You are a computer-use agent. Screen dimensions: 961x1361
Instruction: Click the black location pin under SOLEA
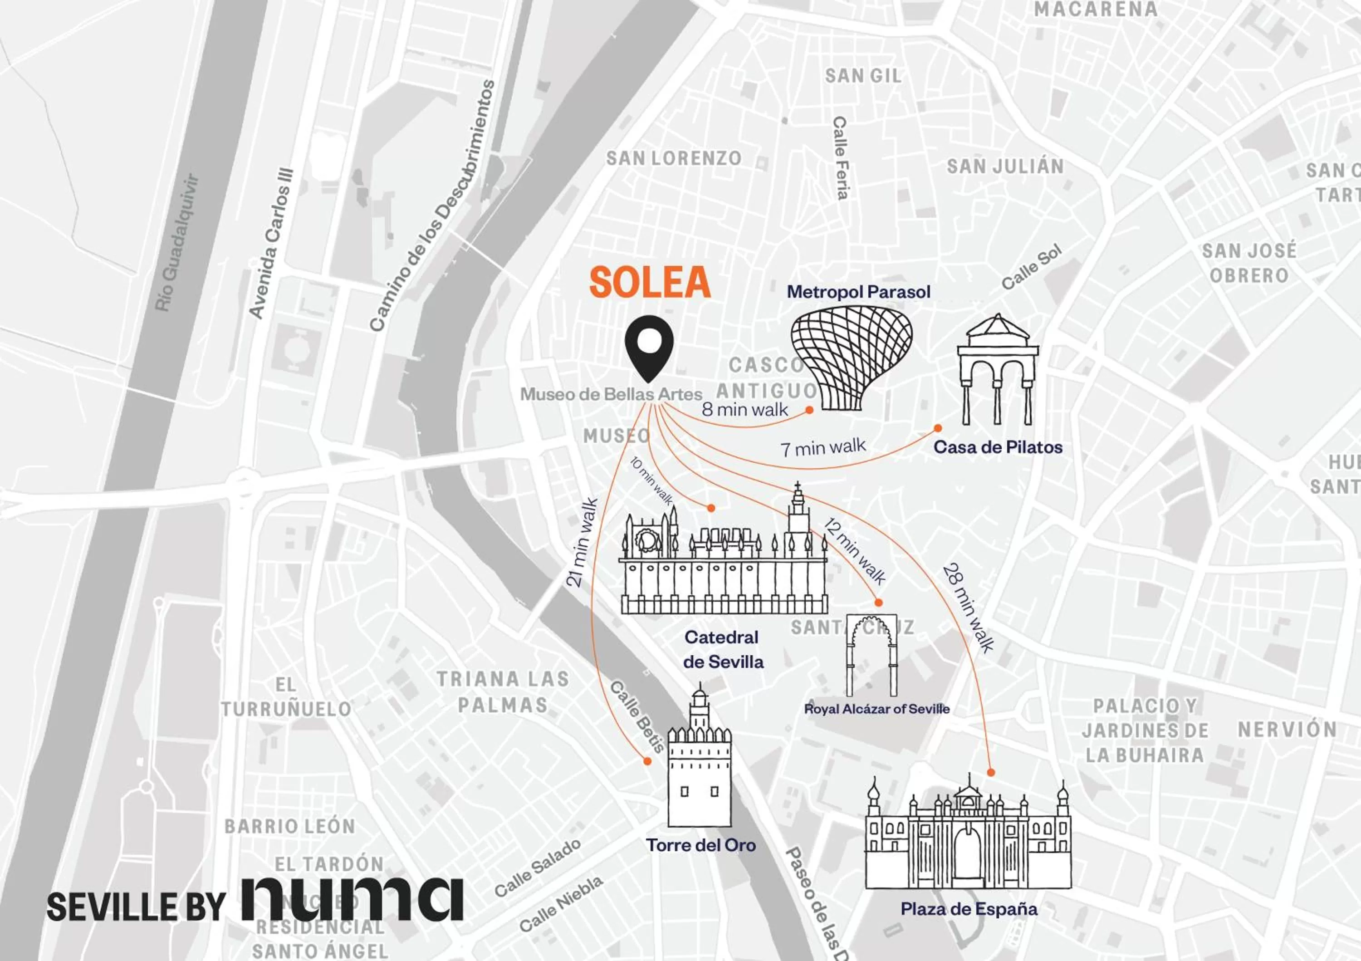[x=649, y=348]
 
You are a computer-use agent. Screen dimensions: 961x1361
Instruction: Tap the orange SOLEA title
[x=650, y=282]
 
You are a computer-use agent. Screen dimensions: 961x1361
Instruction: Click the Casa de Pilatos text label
[x=998, y=447]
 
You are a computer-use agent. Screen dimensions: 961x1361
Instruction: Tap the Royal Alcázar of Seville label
[x=876, y=708]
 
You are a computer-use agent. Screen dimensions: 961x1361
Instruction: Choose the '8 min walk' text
[x=744, y=409]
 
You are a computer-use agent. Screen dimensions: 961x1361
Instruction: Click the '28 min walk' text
[x=967, y=608]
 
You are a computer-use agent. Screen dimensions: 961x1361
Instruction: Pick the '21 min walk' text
[x=582, y=543]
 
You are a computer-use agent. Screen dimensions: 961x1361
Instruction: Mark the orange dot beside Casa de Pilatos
[x=938, y=428]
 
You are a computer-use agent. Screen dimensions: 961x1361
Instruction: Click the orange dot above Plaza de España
[x=990, y=773]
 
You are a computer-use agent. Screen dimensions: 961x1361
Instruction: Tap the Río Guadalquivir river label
[x=176, y=242]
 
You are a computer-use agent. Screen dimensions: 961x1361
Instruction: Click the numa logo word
[x=352, y=898]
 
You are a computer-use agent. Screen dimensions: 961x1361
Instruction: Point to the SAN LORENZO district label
[x=673, y=158]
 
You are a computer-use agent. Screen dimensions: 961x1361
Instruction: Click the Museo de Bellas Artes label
[x=611, y=394]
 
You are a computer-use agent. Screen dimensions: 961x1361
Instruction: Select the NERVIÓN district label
[x=1287, y=729]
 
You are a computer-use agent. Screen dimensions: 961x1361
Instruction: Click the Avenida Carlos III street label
[x=270, y=243]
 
